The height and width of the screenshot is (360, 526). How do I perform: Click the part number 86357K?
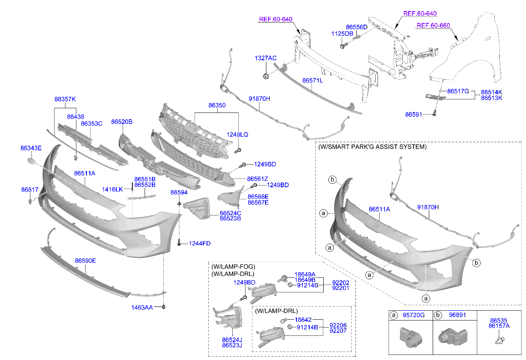click(64, 99)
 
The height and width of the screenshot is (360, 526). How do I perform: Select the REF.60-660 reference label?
click(433, 25)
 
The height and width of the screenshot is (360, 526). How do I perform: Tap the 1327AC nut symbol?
click(266, 76)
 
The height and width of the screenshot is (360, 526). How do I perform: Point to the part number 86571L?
click(312, 80)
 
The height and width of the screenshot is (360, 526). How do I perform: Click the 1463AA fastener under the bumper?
click(164, 307)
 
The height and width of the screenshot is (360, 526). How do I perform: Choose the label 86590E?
click(85, 261)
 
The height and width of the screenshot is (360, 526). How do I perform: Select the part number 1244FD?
click(200, 243)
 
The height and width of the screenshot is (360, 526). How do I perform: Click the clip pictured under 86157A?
click(499, 340)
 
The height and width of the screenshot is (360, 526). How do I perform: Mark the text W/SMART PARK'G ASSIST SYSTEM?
click(372, 147)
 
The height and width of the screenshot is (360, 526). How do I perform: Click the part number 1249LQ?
click(238, 135)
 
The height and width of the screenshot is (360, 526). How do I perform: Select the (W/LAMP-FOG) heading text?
click(233, 266)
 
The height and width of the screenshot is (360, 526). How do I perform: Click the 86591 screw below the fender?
click(434, 114)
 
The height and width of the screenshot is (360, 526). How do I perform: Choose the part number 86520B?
click(122, 122)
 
